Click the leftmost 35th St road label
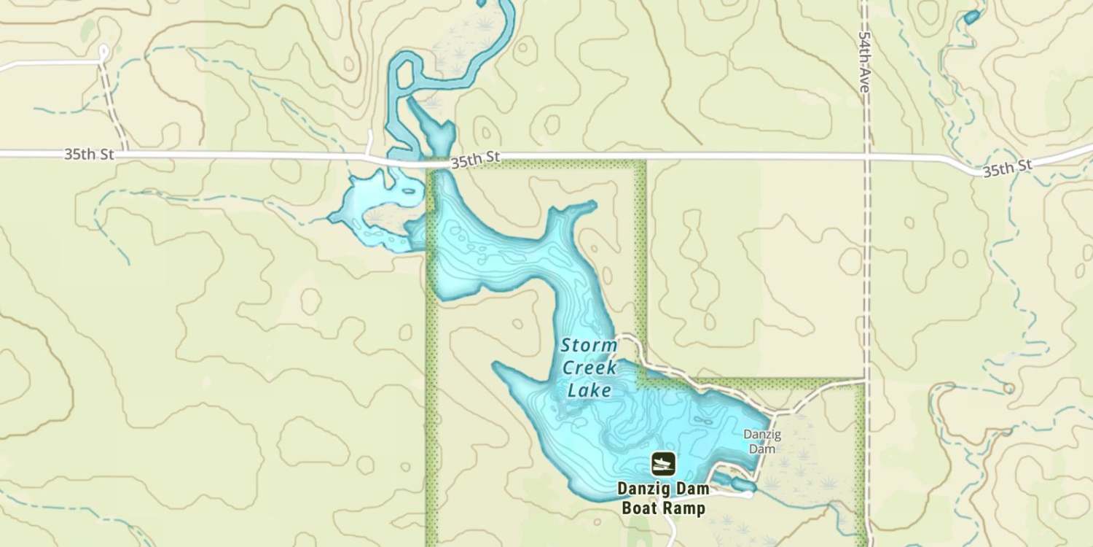pos(88,155)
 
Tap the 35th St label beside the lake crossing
pos(475,160)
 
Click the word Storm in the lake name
pos(589,346)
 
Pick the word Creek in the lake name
pos(589,368)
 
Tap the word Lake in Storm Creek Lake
pos(589,390)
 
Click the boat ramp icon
pos(663,463)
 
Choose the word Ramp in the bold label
pos(684,508)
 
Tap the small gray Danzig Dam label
pos(762,441)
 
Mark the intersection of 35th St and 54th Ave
pos(866,156)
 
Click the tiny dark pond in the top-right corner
pos(971,16)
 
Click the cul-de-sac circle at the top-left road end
pos(103,52)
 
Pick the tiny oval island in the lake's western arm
pos(410,192)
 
